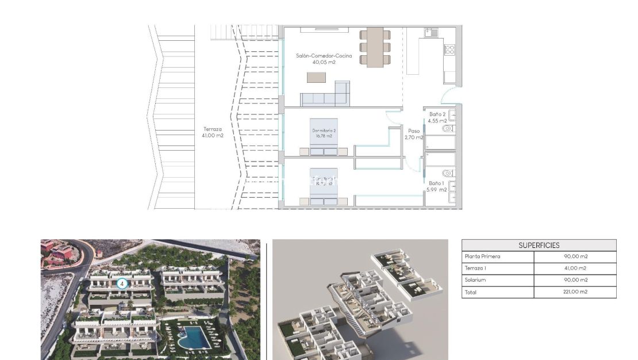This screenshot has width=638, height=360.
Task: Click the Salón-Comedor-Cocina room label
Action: [x=324, y=59]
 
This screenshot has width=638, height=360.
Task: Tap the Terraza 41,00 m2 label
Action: [x=213, y=132]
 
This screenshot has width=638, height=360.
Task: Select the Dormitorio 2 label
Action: [x=324, y=133]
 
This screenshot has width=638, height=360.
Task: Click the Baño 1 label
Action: [x=436, y=186]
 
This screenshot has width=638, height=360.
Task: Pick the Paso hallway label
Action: [x=413, y=134]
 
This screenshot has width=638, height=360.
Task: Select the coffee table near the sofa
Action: [x=316, y=77]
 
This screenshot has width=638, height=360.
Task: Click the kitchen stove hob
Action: [x=449, y=50]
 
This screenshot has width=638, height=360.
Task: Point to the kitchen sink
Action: [x=431, y=32]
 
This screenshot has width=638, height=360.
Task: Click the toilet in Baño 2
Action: [x=448, y=128]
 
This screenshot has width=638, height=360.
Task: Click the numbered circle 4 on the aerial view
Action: [x=122, y=283]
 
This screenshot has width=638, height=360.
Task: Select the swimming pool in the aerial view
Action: [x=194, y=338]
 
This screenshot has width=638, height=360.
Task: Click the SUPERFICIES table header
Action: [x=539, y=245]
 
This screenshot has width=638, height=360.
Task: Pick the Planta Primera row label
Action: [x=482, y=256]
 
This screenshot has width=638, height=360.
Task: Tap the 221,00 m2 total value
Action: [x=575, y=292]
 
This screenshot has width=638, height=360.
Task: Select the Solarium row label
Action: [x=475, y=280]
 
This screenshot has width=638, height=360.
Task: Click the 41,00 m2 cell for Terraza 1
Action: [x=575, y=269]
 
